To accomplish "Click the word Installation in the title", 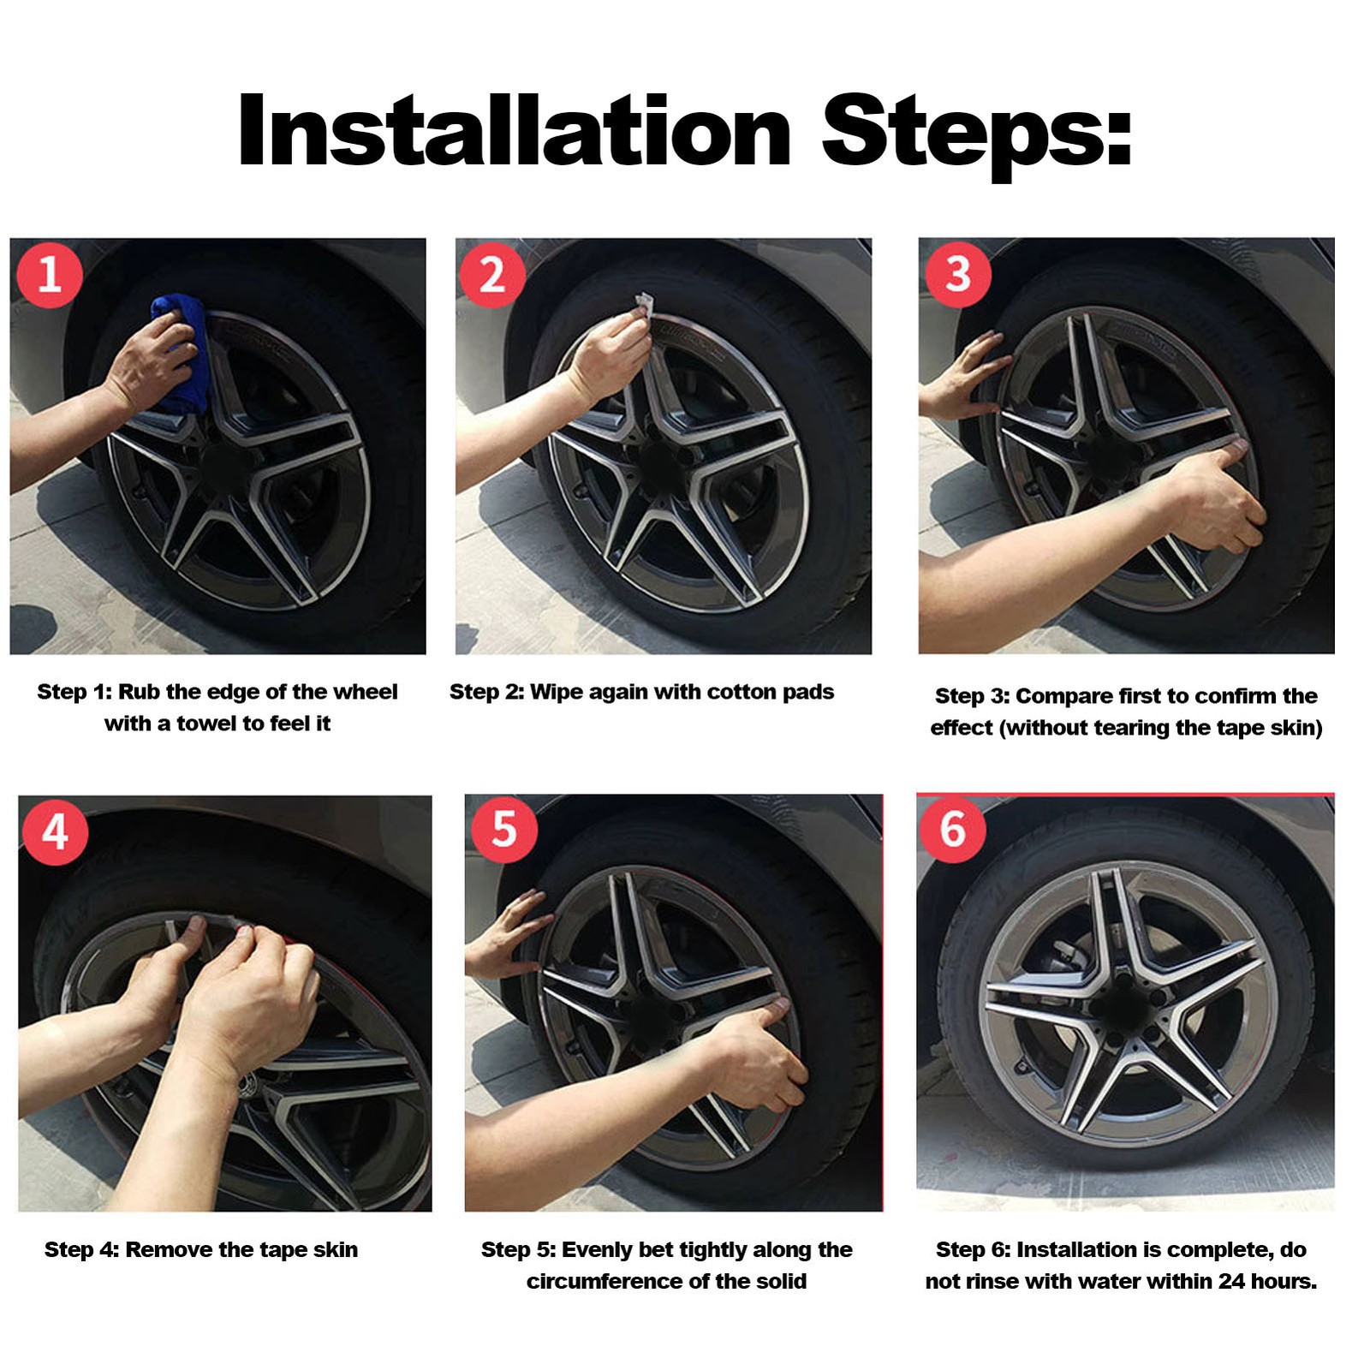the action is point(514,130).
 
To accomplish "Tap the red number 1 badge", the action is point(50,274).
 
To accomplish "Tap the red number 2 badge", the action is point(492,275).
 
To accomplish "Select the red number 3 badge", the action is point(958,274).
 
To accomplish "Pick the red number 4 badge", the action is point(55,831).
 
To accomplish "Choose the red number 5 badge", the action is point(504,829).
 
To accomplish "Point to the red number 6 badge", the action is point(953,829).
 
